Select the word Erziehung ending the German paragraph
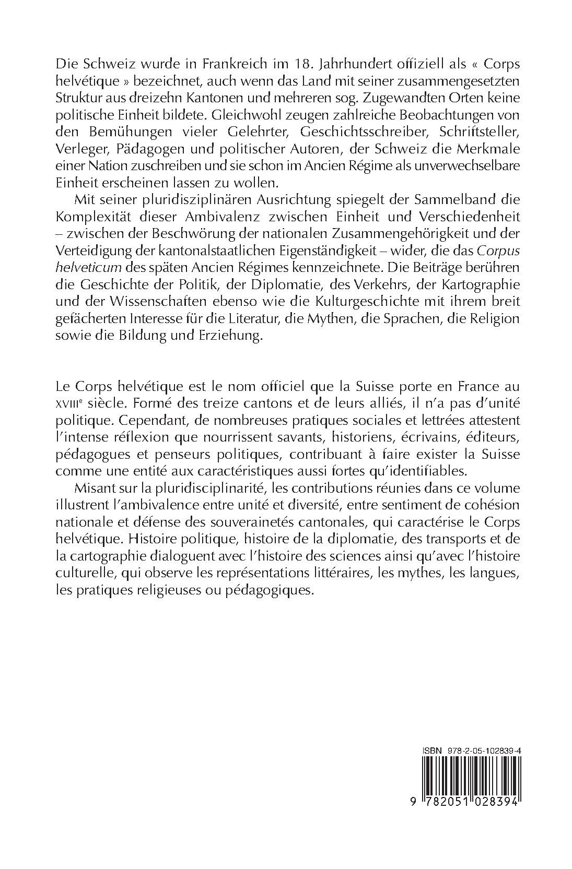pos(231,335)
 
